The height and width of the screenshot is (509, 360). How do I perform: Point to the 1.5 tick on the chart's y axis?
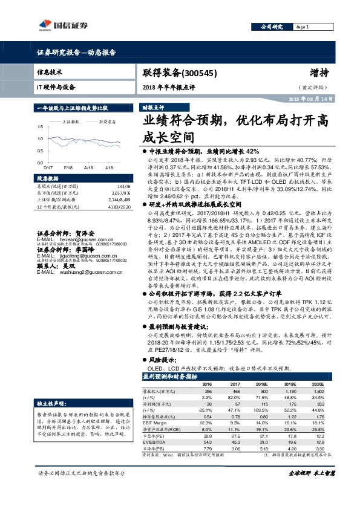[40, 127]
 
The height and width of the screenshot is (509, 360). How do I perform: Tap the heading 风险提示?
[163, 360]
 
